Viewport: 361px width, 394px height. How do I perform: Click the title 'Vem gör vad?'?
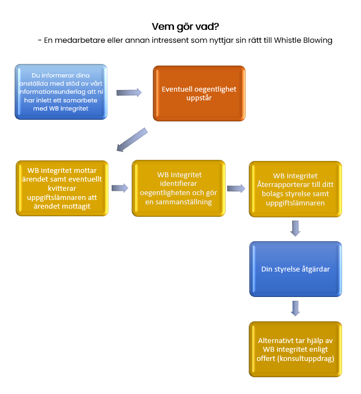(185, 27)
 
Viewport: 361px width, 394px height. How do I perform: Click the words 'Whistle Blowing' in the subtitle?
(303, 40)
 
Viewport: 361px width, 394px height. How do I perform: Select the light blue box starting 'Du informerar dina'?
(61, 92)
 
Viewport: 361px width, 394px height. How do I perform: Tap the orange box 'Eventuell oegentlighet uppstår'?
(199, 93)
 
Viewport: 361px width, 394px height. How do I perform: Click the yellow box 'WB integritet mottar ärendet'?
(62, 188)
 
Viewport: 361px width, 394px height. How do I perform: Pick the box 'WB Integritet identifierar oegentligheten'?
(178, 188)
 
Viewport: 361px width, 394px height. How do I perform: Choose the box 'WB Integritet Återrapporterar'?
(295, 189)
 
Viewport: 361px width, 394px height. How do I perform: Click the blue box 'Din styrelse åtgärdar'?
(295, 269)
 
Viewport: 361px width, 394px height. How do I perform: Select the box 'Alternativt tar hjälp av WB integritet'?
(295, 349)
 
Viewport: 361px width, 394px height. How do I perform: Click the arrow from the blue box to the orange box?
(129, 93)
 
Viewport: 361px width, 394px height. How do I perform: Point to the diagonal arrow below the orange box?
(132, 140)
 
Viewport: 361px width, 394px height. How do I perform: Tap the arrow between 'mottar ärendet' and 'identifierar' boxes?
(120, 188)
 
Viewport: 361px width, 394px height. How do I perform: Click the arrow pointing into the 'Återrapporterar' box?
(236, 189)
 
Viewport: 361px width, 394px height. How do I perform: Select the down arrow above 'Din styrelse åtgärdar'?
(295, 228)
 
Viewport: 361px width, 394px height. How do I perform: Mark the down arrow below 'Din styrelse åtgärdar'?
(295, 308)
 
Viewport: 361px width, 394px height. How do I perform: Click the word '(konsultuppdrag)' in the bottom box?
(306, 358)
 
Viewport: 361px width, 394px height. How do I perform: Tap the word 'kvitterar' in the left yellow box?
(62, 188)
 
